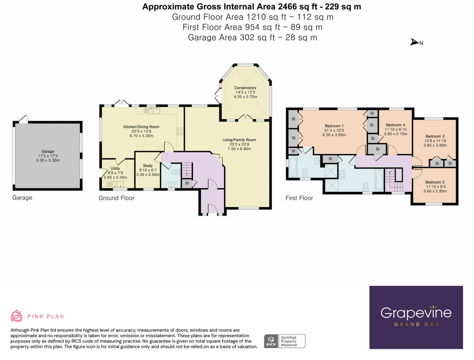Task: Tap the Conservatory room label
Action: (245, 88)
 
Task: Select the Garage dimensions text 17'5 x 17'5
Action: (48, 155)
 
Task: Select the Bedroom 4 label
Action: (395, 125)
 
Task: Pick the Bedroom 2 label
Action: (435, 136)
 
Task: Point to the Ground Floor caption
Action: (117, 198)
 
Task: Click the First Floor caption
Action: (299, 198)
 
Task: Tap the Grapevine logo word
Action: (416, 313)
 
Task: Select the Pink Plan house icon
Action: (16, 316)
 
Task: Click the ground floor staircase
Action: (186, 171)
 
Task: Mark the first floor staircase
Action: (393, 180)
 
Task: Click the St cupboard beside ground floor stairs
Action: (186, 183)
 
